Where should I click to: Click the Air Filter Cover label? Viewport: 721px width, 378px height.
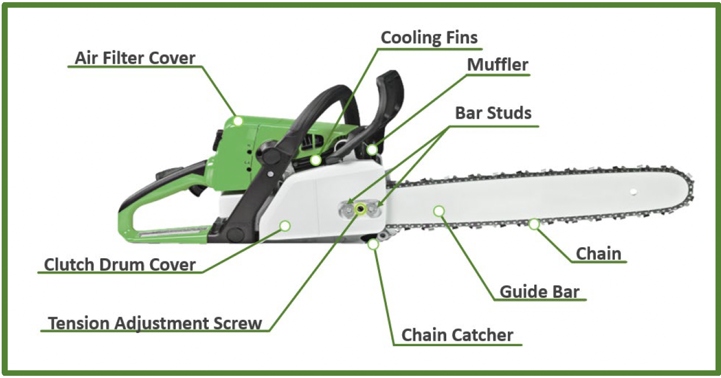135,58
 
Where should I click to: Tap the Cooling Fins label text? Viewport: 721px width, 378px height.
429,38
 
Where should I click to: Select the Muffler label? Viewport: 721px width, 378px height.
497,65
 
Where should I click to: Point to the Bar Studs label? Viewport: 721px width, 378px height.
493,113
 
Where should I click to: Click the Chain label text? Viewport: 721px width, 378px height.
598,254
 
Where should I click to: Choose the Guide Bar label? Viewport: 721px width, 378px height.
539,292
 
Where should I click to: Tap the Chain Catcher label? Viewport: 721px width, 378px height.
457,335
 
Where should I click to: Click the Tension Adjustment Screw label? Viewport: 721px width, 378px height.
155,323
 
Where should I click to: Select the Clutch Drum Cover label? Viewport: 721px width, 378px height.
120,265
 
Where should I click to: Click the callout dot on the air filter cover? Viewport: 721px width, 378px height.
238,120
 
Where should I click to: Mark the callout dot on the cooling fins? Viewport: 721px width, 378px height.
315,160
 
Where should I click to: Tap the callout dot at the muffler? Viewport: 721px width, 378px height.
372,149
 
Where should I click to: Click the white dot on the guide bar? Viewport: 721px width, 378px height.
439,210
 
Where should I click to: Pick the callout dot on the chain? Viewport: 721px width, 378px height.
534,224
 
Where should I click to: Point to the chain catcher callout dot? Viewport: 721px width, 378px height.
374,244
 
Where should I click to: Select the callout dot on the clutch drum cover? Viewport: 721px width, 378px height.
285,225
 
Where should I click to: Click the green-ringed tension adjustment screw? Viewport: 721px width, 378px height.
360,209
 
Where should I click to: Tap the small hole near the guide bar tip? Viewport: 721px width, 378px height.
633,192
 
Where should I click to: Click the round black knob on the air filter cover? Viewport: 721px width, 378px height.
270,154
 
